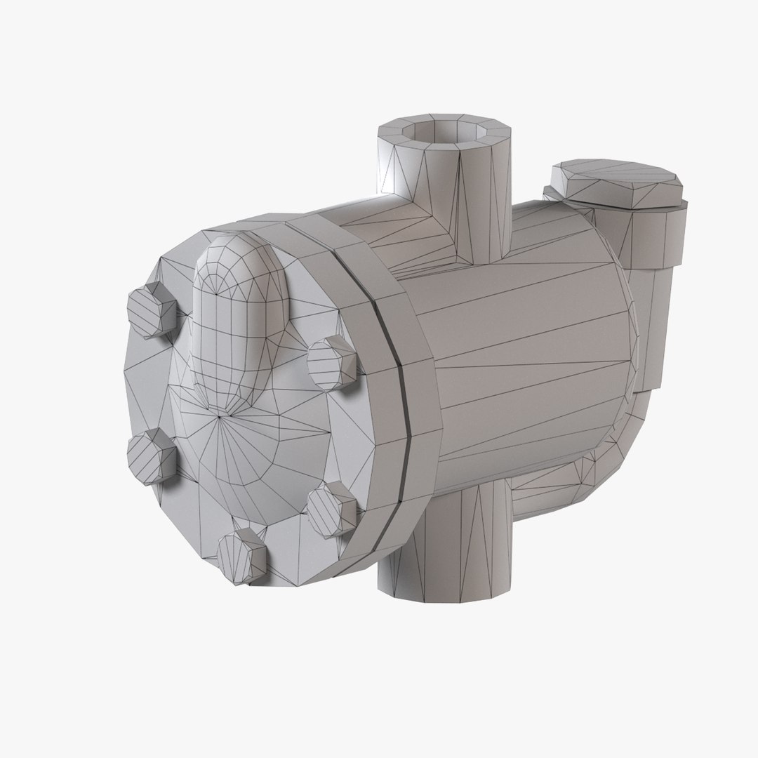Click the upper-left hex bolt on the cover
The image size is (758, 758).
(150, 311)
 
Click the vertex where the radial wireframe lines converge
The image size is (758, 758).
(220, 417)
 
